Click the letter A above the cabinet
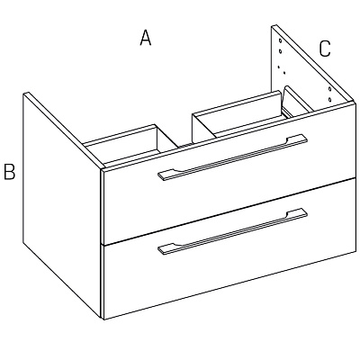tap(146, 38)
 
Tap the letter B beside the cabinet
tap(10, 172)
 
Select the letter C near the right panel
tap(325, 49)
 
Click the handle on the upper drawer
tap(233, 157)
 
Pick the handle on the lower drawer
tap(233, 231)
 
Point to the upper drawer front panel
tap(229, 173)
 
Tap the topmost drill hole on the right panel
tap(280, 40)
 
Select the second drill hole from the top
tap(280, 51)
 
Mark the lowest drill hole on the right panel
tap(329, 99)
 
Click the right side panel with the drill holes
tap(312, 66)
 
